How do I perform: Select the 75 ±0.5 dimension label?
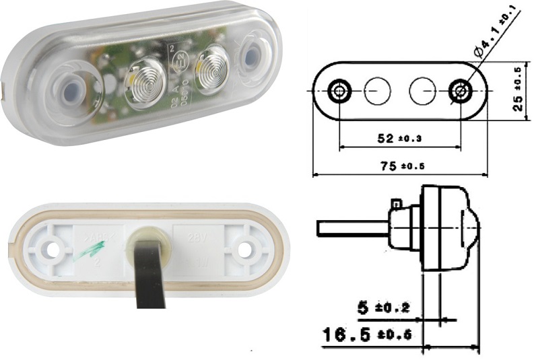coord(399,166)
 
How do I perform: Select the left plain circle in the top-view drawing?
coord(377,90)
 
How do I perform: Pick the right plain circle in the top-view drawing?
coord(423,90)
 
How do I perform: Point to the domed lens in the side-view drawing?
coord(468,227)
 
